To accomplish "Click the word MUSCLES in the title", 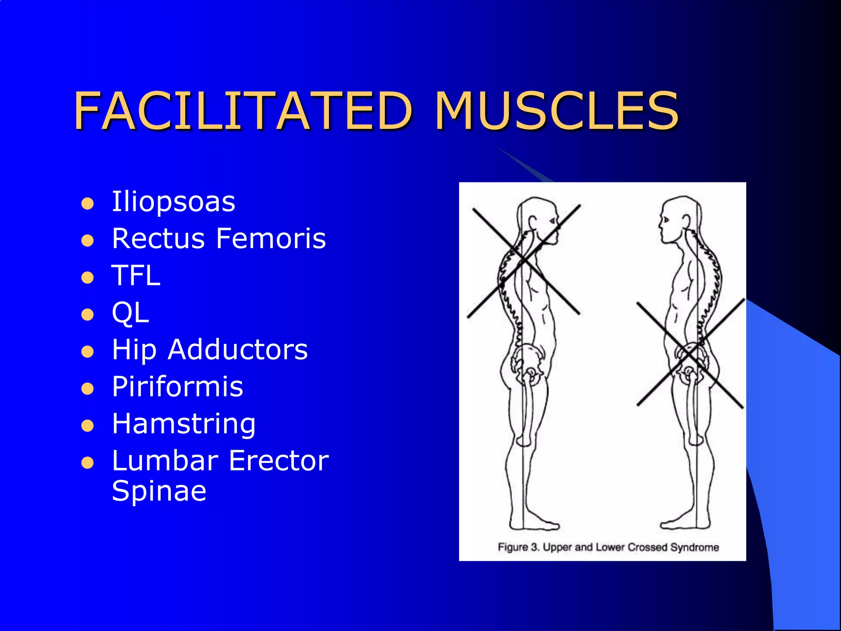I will point(556,111).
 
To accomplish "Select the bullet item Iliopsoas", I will point(173,202).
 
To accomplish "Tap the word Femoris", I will point(271,238).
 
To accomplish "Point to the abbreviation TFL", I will point(136,275).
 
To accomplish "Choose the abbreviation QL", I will point(130,313).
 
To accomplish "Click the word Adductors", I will point(238,350).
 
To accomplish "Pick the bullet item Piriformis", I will point(177,387).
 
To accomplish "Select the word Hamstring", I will point(184,424).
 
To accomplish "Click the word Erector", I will point(279,461).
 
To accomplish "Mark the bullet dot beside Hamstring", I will point(87,426).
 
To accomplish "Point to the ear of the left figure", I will point(533,222).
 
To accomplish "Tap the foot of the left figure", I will point(534,525).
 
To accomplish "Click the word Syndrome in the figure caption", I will point(694,547).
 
